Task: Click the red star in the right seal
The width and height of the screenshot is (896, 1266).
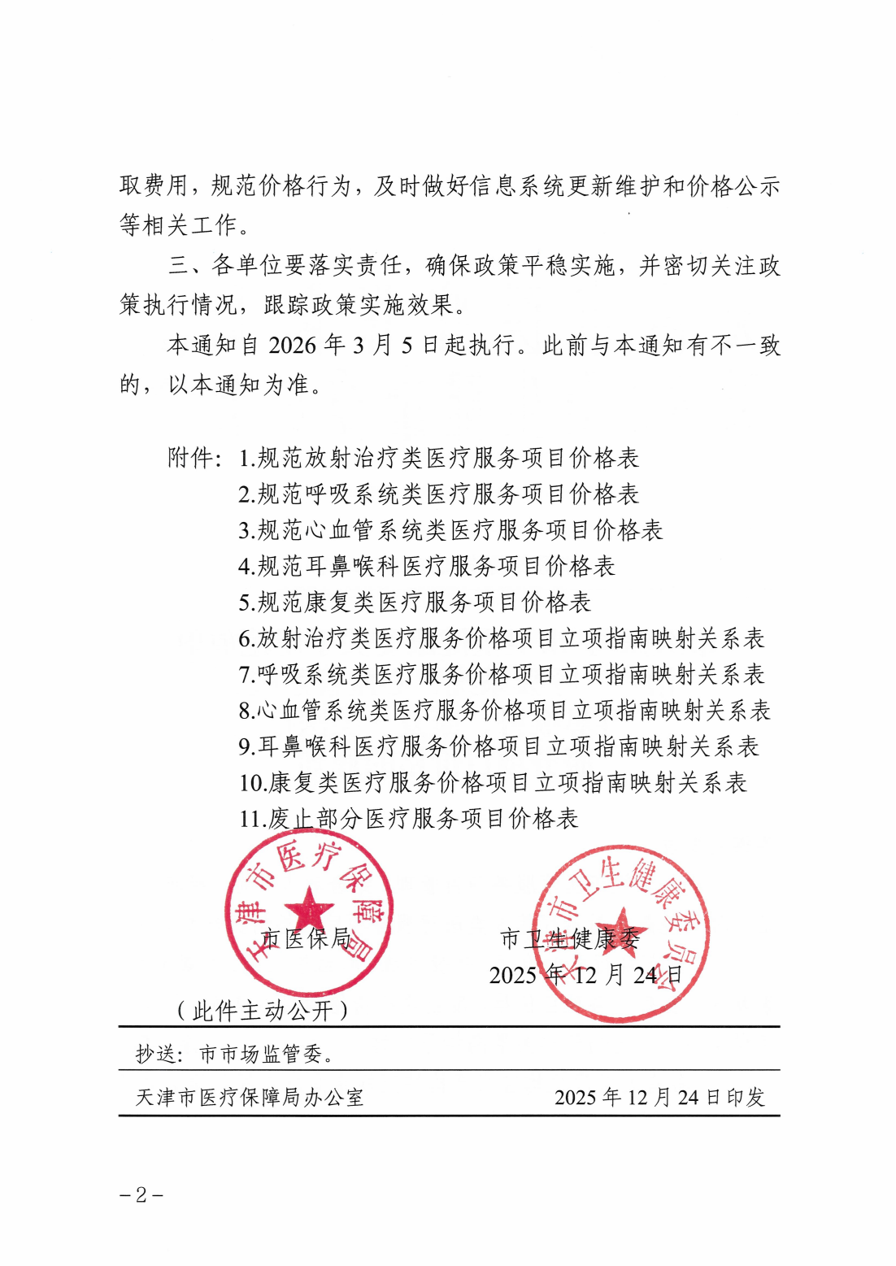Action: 621,933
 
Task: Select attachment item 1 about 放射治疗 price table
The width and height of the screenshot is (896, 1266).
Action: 439,458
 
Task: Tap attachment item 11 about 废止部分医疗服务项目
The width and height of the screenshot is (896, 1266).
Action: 408,818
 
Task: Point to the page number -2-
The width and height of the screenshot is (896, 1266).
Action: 141,1194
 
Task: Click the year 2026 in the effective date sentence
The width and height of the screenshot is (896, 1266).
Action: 292,346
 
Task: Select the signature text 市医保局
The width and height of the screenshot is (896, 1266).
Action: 307,938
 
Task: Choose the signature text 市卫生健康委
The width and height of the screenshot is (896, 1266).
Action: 570,939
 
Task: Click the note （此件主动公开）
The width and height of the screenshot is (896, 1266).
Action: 263,1011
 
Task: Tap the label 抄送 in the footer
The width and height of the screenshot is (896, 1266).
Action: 155,1055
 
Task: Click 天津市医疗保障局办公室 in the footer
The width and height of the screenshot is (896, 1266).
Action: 250,1097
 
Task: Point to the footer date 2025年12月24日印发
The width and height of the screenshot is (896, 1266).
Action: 659,1097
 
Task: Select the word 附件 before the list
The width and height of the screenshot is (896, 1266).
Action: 191,458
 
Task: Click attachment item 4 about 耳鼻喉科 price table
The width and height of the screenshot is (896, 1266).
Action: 427,566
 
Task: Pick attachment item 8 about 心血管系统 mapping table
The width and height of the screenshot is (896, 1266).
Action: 504,711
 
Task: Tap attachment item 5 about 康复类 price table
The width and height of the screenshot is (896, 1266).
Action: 415,603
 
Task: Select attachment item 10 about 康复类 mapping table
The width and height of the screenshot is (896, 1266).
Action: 493,782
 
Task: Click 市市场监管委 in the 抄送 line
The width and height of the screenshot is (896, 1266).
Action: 266,1055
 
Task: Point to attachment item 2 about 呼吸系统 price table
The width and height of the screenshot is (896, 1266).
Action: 439,494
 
